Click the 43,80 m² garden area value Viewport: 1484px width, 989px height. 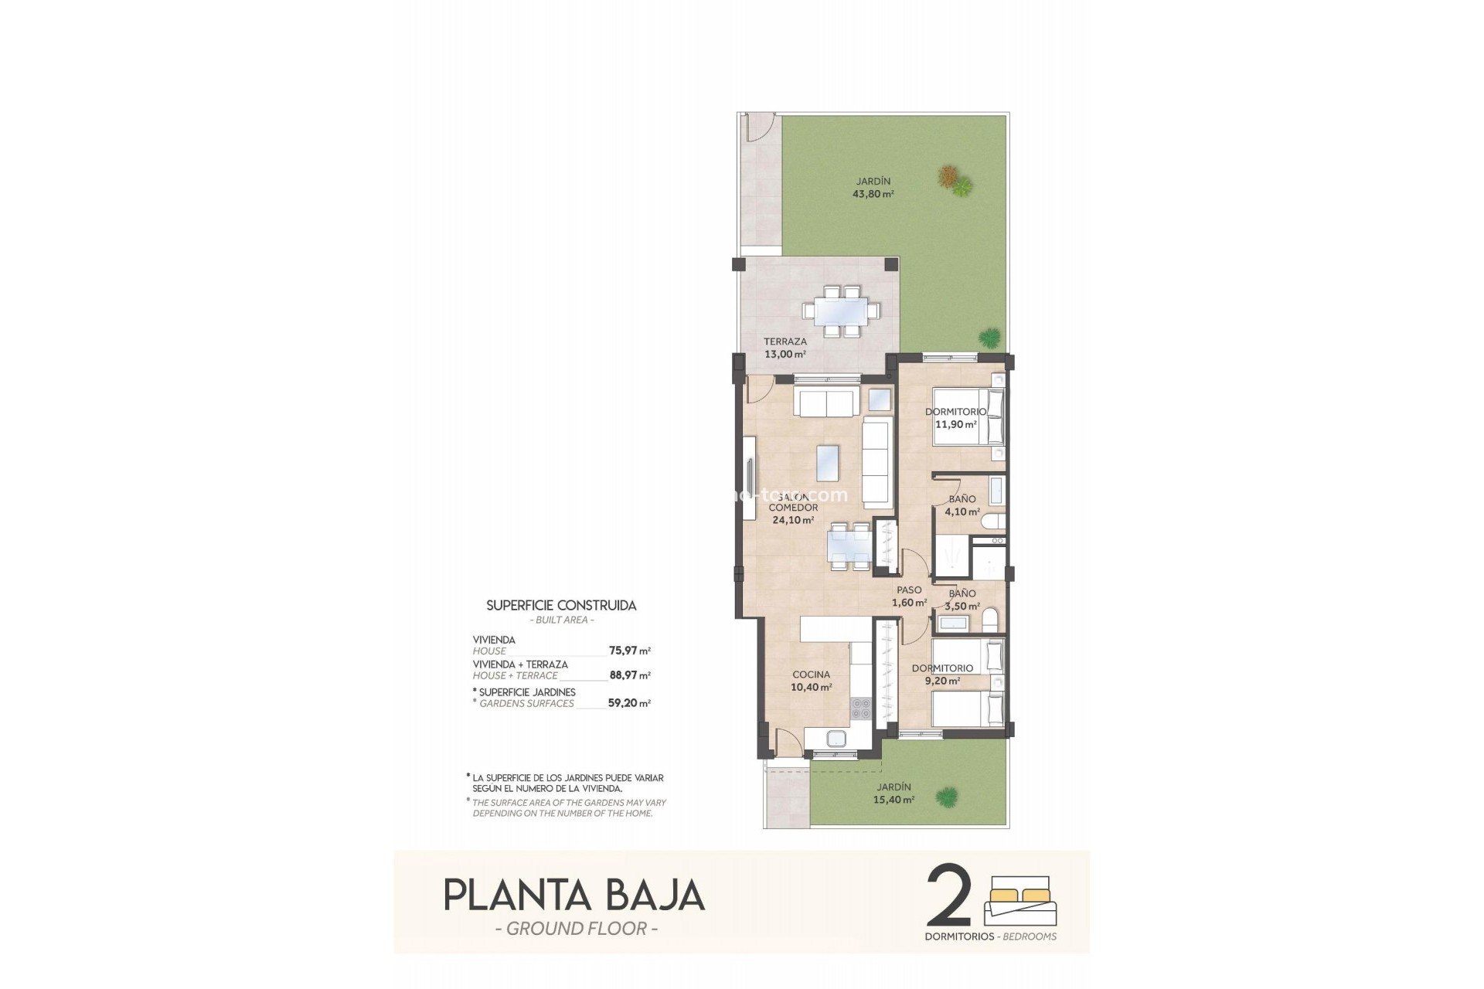click(873, 195)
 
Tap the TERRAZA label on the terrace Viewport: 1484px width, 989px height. click(785, 342)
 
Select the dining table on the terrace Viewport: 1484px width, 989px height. click(841, 311)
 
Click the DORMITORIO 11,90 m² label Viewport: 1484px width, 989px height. click(955, 418)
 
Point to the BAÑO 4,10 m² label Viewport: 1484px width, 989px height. click(962, 505)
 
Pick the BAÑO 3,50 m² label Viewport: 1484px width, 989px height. click(962, 600)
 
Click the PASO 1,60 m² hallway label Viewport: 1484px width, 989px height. click(909, 596)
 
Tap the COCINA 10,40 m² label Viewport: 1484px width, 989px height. click(811, 681)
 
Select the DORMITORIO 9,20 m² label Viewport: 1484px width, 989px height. click(942, 675)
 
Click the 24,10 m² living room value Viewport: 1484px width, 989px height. click(793, 521)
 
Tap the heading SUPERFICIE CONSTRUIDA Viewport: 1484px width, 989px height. click(561, 606)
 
